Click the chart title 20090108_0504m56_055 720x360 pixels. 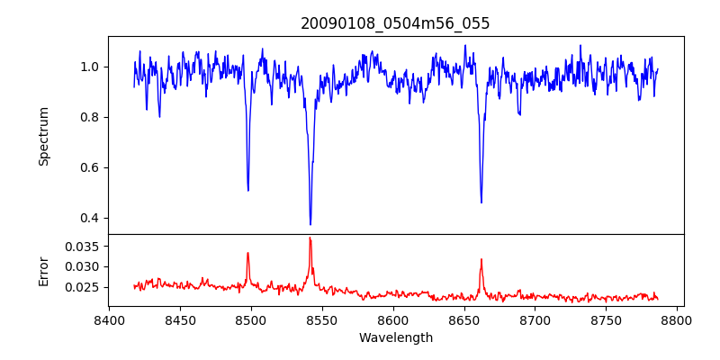click(395, 23)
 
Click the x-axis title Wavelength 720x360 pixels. click(395, 338)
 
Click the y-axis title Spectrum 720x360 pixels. click(44, 136)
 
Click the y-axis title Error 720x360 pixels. click(44, 270)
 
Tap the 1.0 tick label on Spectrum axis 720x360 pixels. click(90, 67)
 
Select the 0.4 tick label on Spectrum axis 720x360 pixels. click(90, 218)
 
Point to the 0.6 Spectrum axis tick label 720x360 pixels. click(90, 167)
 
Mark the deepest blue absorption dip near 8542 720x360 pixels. click(310, 224)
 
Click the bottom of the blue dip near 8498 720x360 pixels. click(248, 190)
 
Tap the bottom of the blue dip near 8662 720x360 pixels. click(481, 202)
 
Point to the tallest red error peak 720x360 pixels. click(310, 238)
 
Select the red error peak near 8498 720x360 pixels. click(247, 253)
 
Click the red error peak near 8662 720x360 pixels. click(481, 259)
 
